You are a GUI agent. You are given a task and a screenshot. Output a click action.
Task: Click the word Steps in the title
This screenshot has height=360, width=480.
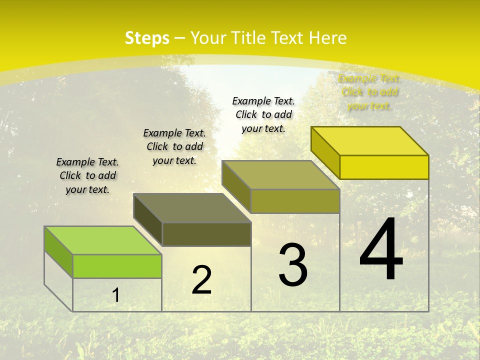[147, 38]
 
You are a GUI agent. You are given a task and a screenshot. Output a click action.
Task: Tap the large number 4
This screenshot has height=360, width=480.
[381, 250]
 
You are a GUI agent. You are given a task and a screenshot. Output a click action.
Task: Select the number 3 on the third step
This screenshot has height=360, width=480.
[293, 265]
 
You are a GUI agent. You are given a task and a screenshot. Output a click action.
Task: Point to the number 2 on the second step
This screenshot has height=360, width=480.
[201, 280]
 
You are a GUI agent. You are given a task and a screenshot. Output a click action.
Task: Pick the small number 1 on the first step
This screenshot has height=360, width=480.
[116, 295]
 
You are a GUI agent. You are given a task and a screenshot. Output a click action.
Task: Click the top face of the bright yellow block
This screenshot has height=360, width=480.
[370, 140]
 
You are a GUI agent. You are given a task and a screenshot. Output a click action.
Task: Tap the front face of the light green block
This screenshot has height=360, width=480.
[117, 266]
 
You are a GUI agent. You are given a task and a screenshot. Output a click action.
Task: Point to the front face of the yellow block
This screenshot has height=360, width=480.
[384, 167]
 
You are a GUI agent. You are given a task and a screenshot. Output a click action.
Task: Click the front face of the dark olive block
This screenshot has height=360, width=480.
[206, 234]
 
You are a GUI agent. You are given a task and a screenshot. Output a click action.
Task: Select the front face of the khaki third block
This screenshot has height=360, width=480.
[295, 201]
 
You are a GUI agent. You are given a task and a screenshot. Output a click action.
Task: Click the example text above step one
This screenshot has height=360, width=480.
[87, 175]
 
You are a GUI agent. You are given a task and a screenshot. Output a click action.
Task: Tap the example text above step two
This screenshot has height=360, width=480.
[174, 146]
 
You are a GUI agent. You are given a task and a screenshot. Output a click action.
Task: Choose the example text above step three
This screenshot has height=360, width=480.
[263, 114]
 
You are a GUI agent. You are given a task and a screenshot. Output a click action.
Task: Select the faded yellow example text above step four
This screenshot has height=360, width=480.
[369, 92]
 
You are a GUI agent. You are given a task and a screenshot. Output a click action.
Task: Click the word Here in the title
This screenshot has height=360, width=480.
[327, 38]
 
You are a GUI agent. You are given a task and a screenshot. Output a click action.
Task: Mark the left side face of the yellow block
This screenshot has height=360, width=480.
[325, 152]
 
